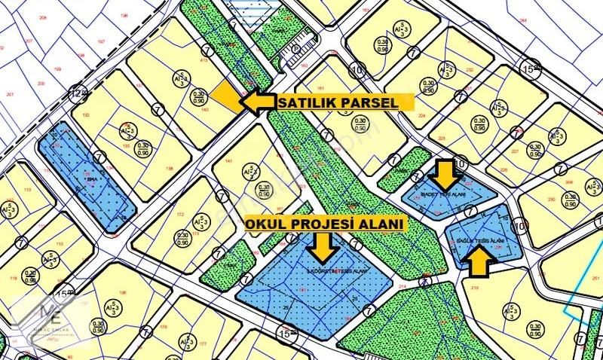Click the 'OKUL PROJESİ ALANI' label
pos(324,224)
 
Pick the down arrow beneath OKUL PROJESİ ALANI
pos(324,245)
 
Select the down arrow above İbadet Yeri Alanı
pos(445,174)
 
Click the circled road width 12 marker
pos(75,93)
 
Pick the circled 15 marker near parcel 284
pos(530,69)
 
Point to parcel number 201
pos(10,93)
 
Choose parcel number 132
pos(85,115)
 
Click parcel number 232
pos(469,70)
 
